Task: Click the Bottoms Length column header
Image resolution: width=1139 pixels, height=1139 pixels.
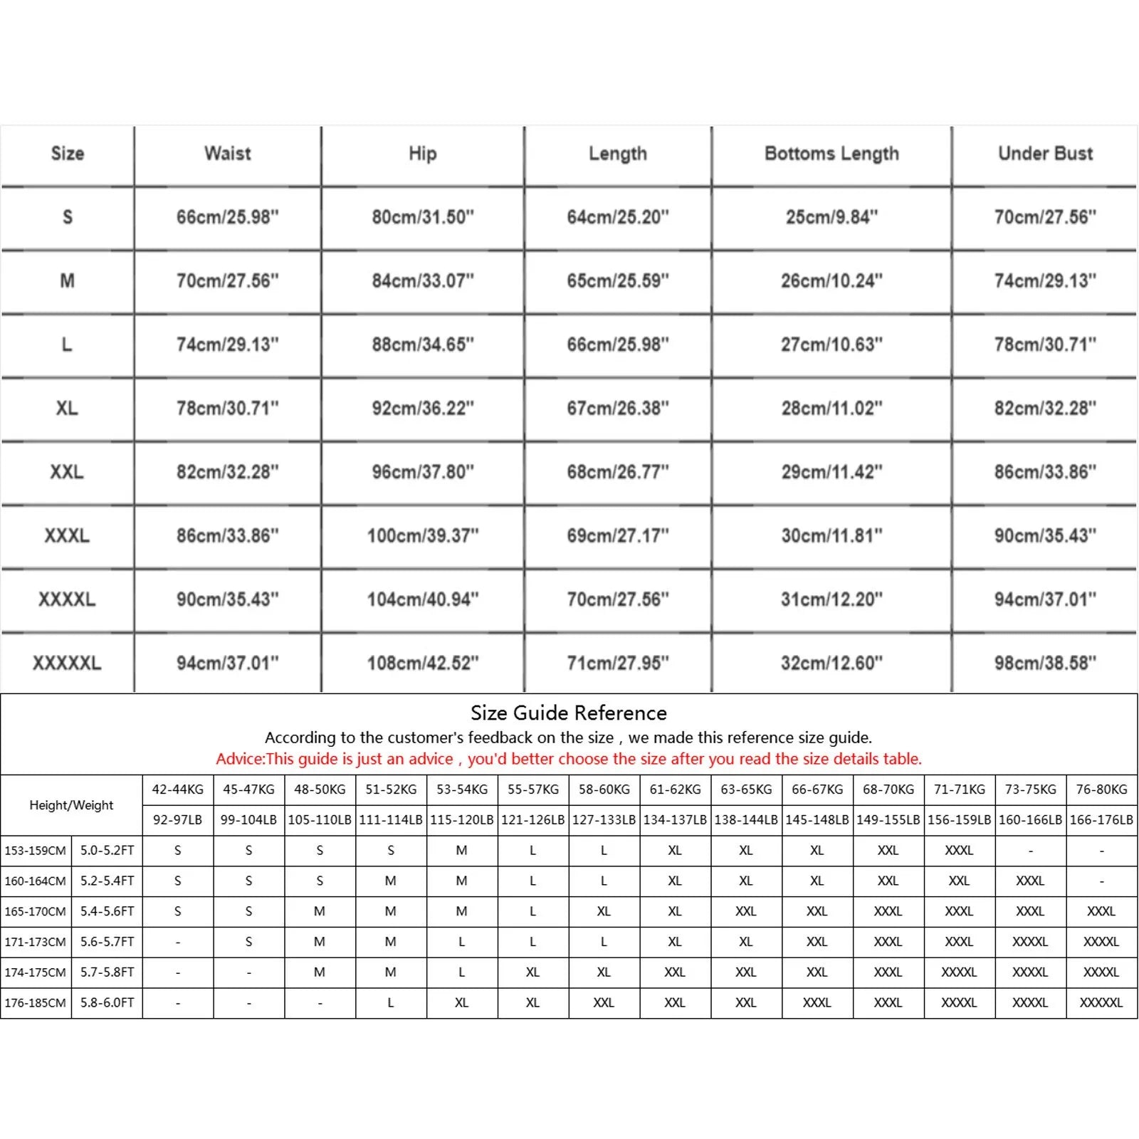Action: click(831, 154)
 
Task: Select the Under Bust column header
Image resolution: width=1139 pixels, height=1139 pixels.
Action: click(1045, 154)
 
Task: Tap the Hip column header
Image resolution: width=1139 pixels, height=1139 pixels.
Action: click(422, 154)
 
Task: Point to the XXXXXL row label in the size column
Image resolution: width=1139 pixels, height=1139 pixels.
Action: click(67, 663)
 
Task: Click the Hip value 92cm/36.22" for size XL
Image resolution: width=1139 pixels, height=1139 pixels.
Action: click(422, 409)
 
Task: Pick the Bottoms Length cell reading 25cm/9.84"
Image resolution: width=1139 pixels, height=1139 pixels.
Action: click(831, 217)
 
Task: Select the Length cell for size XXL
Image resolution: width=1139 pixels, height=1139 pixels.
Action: click(617, 472)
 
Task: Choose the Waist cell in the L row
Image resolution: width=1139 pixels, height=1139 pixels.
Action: click(227, 345)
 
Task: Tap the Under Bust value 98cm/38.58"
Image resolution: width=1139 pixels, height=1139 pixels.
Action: click(1045, 663)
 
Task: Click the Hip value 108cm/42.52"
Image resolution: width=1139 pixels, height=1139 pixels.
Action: click(422, 663)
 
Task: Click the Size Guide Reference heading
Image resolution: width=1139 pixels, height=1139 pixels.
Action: click(568, 713)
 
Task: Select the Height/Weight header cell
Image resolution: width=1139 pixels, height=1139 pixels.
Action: click(71, 805)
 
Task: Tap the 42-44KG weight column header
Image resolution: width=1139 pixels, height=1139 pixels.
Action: click(177, 789)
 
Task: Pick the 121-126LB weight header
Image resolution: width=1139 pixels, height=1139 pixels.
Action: click(532, 820)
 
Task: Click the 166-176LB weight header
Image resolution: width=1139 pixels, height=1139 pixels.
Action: click(1101, 820)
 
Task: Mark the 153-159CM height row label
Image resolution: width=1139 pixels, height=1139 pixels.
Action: click(36, 851)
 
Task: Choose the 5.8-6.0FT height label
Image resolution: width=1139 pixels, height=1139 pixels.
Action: click(107, 1003)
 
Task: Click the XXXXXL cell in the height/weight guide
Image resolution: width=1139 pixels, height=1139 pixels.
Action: click(1101, 1003)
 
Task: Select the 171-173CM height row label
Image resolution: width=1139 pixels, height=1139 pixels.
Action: click(36, 942)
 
